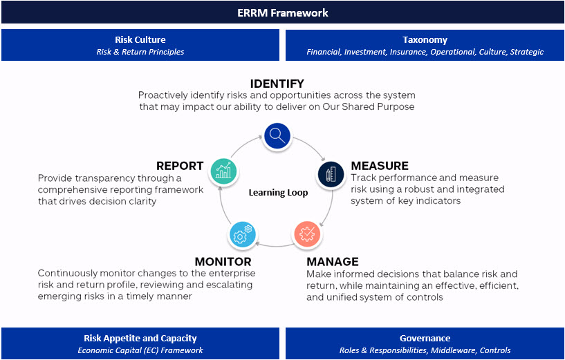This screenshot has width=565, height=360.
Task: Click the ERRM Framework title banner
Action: [x=282, y=12]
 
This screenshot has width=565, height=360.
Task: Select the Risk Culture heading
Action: [x=140, y=40]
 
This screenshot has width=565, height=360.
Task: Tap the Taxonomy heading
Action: [x=425, y=40]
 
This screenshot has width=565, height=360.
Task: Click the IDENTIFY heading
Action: [x=277, y=84]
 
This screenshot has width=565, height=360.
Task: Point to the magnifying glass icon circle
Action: [x=277, y=135]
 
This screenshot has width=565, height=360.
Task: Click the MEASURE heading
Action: [x=380, y=166]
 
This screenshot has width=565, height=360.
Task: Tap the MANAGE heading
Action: [x=332, y=262]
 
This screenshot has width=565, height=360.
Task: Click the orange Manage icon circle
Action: [x=308, y=234]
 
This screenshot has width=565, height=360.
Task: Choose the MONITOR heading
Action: [x=223, y=262]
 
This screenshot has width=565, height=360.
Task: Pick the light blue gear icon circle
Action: [x=242, y=235]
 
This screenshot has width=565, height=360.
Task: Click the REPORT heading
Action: [x=180, y=166]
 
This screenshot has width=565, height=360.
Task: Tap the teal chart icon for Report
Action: [x=223, y=170]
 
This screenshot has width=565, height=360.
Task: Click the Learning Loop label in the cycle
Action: [x=278, y=193]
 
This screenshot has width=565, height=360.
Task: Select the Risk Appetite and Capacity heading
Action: [x=140, y=339]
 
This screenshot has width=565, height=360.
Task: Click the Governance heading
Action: [x=425, y=339]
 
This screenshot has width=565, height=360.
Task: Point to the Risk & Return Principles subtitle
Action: [x=140, y=52]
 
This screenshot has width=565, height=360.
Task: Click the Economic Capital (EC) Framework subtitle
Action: [x=140, y=350]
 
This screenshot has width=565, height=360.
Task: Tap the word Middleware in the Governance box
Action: [x=453, y=350]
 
